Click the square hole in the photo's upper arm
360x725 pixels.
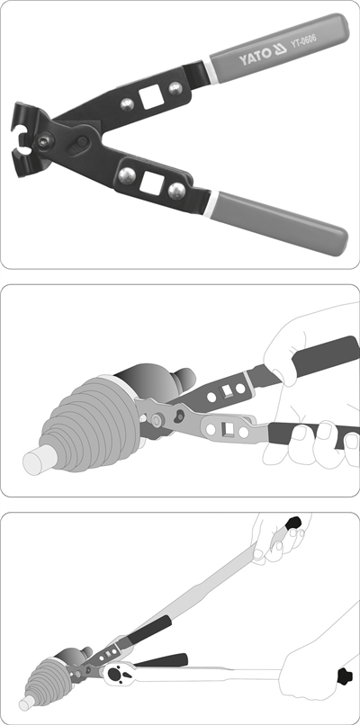151,98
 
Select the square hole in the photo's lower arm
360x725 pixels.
151,181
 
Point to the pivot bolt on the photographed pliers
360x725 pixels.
44,142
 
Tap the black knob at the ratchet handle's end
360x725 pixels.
346,677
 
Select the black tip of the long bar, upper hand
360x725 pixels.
292,524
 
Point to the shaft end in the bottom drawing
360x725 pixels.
26,703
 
